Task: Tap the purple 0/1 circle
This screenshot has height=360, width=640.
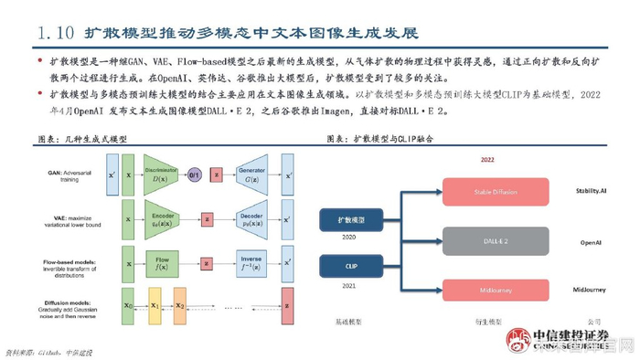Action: tap(195, 174)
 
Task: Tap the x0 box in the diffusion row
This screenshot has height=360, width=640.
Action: tap(128, 306)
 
